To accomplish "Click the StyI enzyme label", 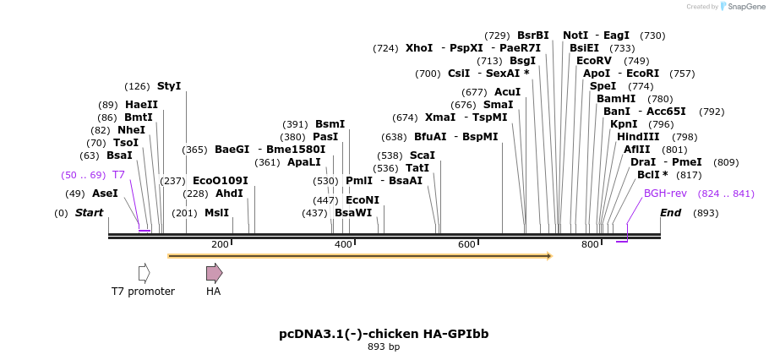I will coord(169,86).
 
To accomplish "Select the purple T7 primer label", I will coord(118,175).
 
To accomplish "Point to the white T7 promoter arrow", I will coord(144,272).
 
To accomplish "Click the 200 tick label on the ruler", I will coord(220,244).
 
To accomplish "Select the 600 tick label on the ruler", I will coord(466,244).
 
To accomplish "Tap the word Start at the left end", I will coord(89,213).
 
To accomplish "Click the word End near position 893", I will coord(670,213).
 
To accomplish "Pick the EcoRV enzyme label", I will coord(593,61).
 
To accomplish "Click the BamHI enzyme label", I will coord(616,99).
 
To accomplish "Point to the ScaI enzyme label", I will coord(423,155).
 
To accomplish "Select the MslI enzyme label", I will coord(216,213).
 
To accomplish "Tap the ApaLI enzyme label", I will coord(304,162).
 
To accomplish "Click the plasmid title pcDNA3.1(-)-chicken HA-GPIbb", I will coord(384,334).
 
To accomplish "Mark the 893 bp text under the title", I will coord(384,346).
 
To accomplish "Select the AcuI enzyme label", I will coord(507,92).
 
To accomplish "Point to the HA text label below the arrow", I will coord(214,292).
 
